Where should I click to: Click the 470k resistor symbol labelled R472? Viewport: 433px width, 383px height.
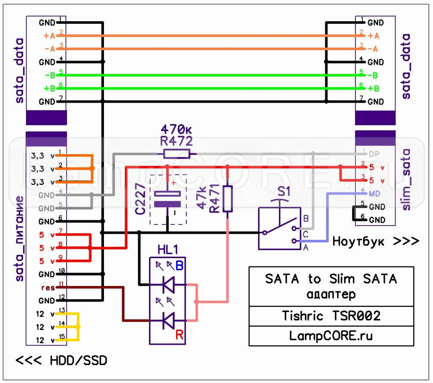tap(176, 153)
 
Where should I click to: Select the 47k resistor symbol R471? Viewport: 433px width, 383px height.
tap(227, 198)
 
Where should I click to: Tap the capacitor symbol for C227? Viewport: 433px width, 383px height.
tap(167, 199)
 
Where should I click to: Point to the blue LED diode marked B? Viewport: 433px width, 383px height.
tap(168, 285)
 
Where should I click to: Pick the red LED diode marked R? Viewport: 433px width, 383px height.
tap(168, 321)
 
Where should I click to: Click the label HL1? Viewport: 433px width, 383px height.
tap(168, 250)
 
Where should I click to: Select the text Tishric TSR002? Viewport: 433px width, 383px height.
tap(331, 316)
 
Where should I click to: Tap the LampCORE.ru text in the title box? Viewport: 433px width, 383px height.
tap(331, 336)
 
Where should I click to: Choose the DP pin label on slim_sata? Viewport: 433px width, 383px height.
tap(374, 154)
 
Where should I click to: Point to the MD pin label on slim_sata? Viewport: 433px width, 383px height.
tap(374, 193)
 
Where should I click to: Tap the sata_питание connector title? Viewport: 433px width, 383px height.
tap(19, 238)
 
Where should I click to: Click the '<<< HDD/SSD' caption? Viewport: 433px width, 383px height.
tap(61, 360)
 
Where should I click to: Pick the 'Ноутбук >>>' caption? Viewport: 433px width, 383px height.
tap(375, 241)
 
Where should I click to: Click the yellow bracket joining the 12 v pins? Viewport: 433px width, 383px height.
tap(78, 327)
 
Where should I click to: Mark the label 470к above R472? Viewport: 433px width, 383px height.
tap(176, 129)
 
